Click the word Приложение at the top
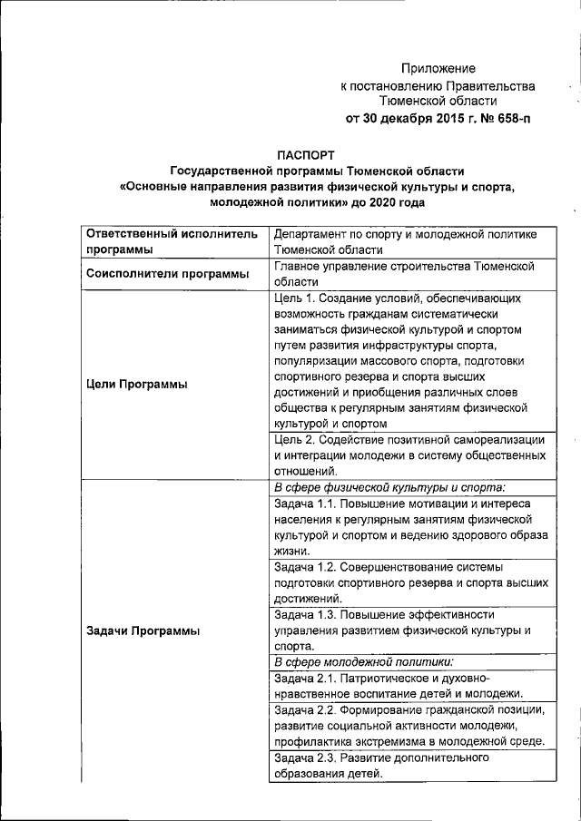(438, 68)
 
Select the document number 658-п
(508, 119)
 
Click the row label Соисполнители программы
(167, 273)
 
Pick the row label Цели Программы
(136, 385)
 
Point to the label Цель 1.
(298, 297)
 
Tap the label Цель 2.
(298, 438)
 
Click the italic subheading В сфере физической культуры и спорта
(389, 486)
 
